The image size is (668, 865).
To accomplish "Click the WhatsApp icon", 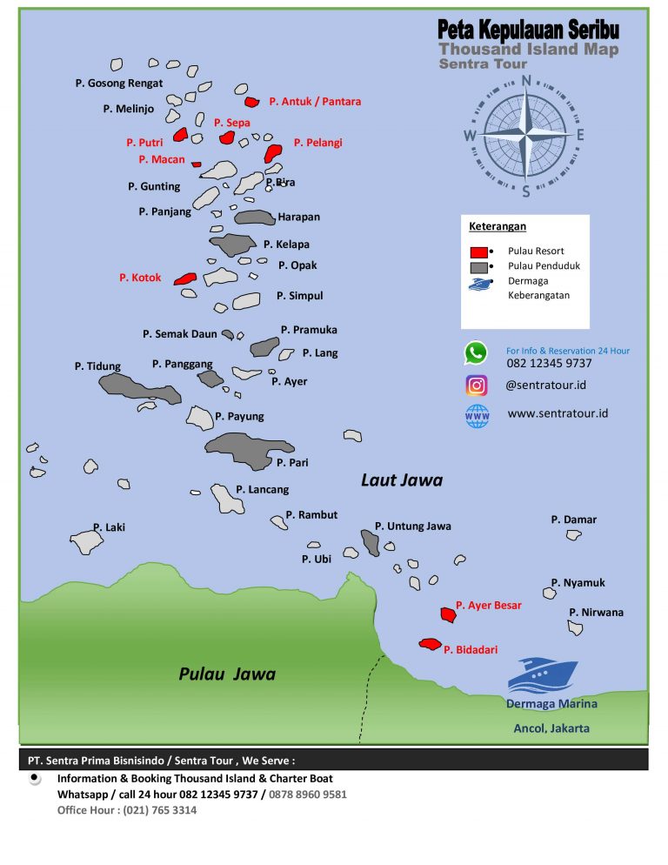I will (x=476, y=352).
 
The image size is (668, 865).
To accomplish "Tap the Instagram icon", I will (x=476, y=385).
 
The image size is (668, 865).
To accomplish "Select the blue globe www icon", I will (x=477, y=416).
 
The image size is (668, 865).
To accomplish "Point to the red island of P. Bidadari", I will (x=430, y=644).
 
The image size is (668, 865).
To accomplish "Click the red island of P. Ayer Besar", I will (x=448, y=614).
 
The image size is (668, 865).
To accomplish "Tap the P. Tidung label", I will (x=97, y=366).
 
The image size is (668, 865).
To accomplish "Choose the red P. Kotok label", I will (x=140, y=278).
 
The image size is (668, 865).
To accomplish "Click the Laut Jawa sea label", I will (x=402, y=479).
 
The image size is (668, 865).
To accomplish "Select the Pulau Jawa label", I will (x=227, y=674).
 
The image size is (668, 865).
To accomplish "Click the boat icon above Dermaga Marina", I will (x=541, y=675).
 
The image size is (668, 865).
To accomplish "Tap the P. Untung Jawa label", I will (x=412, y=526).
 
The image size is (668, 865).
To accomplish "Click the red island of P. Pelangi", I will (x=272, y=154).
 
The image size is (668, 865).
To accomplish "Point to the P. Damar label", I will (x=573, y=520).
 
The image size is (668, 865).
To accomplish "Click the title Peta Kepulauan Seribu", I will (x=528, y=30).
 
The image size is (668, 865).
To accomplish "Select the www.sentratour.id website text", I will (x=558, y=413).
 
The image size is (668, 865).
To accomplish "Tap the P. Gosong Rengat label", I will (x=119, y=84).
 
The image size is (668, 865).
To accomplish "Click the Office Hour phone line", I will (x=127, y=810).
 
